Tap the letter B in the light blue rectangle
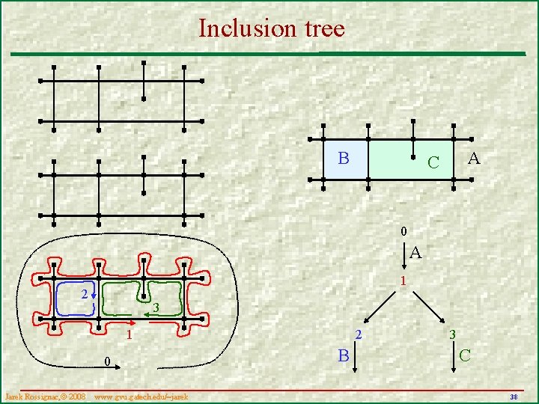[343, 158]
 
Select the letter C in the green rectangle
[432, 162]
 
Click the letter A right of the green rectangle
[473, 158]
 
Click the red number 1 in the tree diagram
[403, 282]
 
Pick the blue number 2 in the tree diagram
[358, 334]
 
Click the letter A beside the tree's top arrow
[415, 254]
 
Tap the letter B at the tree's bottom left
[343, 355]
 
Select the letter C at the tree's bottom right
[466, 354]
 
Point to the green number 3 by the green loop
[156, 308]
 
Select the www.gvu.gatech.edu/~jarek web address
[141, 395]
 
